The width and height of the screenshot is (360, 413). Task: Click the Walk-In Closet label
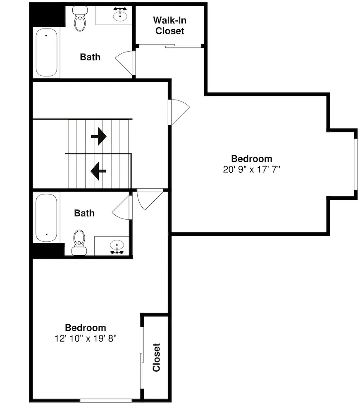(x=169, y=26)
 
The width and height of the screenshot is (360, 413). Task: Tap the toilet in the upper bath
(x=80, y=19)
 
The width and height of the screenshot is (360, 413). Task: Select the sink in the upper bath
(x=120, y=14)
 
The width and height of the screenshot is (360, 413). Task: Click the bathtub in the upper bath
(x=46, y=52)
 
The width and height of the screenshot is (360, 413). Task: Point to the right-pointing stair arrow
(x=99, y=136)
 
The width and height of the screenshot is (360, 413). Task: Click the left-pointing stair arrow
(x=98, y=171)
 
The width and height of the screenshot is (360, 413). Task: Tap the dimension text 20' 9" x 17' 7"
(x=251, y=169)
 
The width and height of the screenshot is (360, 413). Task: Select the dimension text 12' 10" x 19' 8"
(x=86, y=338)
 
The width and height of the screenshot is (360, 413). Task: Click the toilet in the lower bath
(x=79, y=242)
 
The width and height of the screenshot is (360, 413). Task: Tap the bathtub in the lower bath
(x=46, y=218)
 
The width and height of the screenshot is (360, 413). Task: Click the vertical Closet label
(x=156, y=357)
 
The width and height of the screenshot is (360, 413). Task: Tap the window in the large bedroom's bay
(x=355, y=164)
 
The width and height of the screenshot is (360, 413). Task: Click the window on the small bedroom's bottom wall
(x=106, y=400)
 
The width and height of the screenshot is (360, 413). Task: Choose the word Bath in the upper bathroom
(x=90, y=57)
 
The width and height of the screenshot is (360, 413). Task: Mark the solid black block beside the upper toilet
(x=48, y=16)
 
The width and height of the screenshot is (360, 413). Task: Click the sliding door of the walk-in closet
(x=170, y=46)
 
